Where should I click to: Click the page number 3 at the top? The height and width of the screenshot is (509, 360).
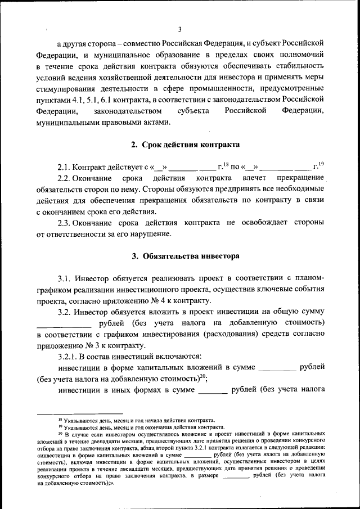[x=179, y=30]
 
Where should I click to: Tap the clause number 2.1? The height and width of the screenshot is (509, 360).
[x=66, y=167]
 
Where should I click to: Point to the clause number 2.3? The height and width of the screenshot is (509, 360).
[x=66, y=223]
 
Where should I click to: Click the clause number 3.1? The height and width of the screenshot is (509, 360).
[x=66, y=278]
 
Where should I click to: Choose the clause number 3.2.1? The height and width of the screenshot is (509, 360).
[x=70, y=356]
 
